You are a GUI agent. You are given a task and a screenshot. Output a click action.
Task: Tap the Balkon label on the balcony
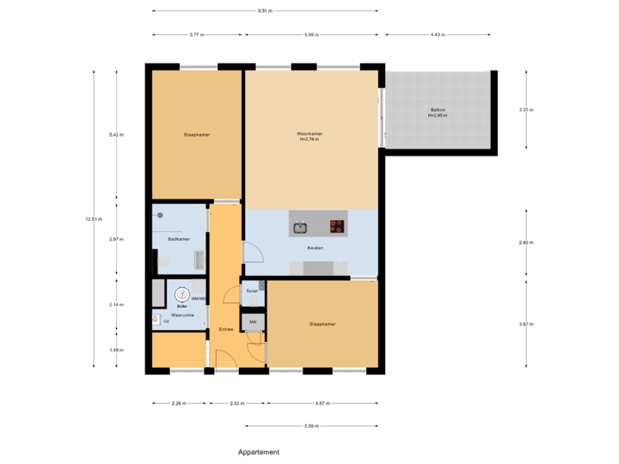coord(438,113)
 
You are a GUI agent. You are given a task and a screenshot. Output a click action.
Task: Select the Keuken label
coord(315,247)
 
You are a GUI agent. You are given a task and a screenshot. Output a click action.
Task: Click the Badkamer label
coord(179,239)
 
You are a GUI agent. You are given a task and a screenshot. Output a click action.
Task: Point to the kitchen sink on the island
coord(300,228)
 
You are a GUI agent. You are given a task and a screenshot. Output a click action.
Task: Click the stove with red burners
coord(337,228)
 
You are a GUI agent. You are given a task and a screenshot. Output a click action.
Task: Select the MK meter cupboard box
coord(253,322)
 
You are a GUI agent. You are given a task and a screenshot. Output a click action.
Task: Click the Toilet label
coord(252,291)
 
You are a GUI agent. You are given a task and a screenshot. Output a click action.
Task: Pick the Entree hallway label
coord(226,328)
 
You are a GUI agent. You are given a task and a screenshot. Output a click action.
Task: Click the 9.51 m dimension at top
coord(265,11)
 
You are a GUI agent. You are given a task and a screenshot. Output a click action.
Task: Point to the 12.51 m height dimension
coord(93,219)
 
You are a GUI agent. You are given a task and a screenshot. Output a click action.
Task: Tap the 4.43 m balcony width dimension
coord(437,35)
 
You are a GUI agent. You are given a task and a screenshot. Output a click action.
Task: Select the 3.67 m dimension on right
coord(526,324)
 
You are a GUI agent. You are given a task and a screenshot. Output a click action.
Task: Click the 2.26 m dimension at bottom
coord(179,402)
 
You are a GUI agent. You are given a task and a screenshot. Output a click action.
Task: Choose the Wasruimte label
coord(182,315)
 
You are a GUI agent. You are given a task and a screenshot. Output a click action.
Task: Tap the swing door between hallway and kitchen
coord(254,251)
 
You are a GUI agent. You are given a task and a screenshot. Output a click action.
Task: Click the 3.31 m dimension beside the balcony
coord(526,110)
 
